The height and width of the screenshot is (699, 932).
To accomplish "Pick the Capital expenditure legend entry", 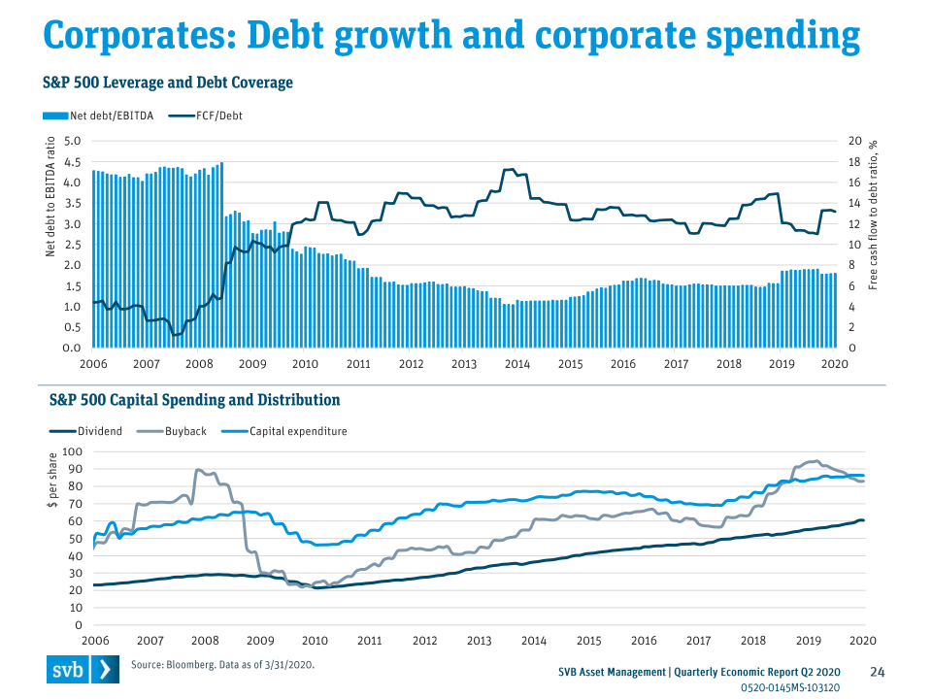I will [x=297, y=431].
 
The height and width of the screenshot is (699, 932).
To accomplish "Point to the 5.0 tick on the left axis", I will [x=73, y=142].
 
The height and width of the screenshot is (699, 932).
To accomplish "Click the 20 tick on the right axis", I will [x=854, y=142].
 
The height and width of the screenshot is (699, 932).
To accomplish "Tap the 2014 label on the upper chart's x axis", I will [x=516, y=364].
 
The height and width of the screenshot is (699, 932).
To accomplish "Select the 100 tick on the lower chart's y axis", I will [x=73, y=452].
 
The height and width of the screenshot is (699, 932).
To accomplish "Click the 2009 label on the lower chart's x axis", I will [x=260, y=642].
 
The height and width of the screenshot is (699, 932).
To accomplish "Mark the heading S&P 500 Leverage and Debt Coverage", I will [x=167, y=83].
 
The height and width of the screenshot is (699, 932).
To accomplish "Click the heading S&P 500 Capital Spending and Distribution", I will [x=194, y=400].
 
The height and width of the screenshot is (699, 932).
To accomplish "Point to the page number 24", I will [x=878, y=672].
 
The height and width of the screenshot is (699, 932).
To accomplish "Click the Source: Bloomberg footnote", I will [x=222, y=665].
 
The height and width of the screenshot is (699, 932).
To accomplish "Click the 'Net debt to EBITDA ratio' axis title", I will [x=51, y=198].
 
